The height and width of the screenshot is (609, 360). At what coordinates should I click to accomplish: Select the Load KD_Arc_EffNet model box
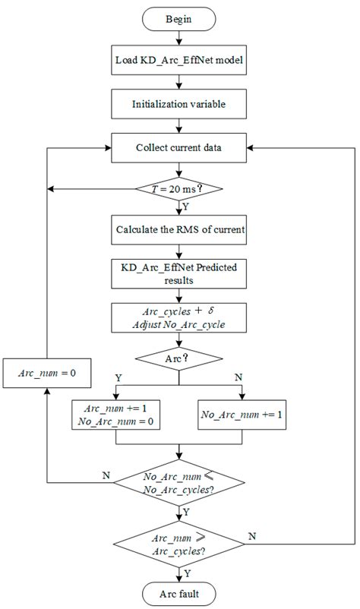coord(179,61)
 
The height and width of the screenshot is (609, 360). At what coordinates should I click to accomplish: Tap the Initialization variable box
coord(179,103)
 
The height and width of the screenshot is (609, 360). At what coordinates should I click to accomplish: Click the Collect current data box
coord(179,147)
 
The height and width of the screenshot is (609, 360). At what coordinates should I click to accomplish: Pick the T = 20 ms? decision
coord(179,189)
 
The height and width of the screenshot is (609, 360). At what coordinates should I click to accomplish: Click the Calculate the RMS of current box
coord(179,229)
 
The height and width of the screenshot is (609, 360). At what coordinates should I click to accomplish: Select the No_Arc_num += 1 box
coord(242,416)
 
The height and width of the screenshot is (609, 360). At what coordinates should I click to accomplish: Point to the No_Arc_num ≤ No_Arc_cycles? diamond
coord(179,483)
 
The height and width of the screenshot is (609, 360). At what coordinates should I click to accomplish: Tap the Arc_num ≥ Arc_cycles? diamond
coord(179,542)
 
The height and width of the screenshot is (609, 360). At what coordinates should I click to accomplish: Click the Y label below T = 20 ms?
coord(187,206)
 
